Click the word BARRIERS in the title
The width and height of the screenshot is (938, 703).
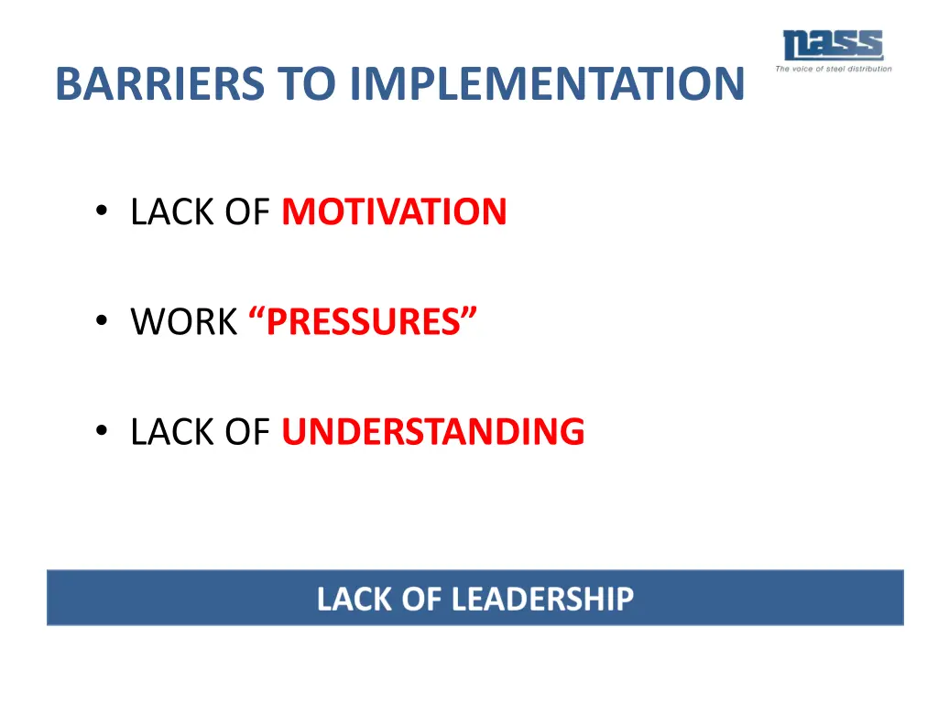160,83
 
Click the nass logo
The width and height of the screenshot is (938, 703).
832,46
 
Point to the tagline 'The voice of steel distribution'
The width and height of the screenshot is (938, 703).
833,69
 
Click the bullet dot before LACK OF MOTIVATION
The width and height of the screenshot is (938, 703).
101,213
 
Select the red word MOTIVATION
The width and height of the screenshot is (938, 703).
394,212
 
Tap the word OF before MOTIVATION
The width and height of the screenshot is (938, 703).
245,212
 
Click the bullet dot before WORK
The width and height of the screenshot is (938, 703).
101,323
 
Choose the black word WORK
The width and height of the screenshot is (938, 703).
183,322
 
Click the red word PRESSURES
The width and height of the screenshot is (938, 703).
363,322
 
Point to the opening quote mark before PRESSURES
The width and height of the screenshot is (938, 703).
256,314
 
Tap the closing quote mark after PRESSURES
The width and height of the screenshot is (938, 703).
469,314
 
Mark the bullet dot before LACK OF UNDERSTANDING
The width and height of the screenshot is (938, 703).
101,433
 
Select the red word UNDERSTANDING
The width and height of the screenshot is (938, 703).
432,432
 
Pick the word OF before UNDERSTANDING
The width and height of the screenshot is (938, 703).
245,432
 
